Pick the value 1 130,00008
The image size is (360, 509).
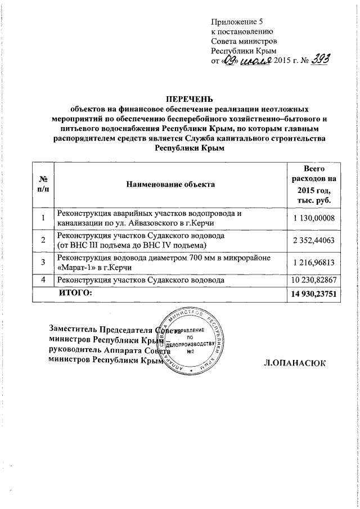tap(314, 219)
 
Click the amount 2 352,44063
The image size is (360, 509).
tap(314, 241)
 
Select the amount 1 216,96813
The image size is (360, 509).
tap(314, 262)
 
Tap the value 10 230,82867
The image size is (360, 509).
tap(313, 280)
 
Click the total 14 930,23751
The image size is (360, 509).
tap(313, 294)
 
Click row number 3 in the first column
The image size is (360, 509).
tap(43, 262)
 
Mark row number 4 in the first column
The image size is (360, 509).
tap(43, 280)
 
